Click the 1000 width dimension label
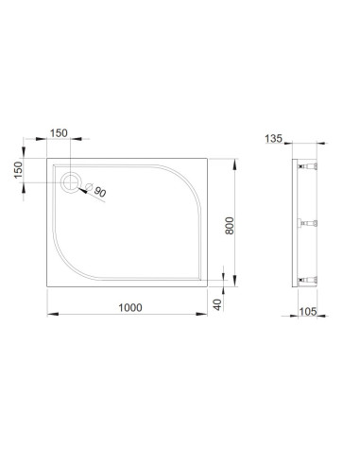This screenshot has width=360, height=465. pyautogui.click(x=130, y=307)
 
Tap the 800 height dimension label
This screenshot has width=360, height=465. pyautogui.click(x=230, y=226)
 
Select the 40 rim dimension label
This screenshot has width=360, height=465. pyautogui.click(x=217, y=304)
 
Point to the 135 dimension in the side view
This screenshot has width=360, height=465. pyautogui.click(x=273, y=139)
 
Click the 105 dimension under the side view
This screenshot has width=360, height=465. pyautogui.click(x=308, y=312)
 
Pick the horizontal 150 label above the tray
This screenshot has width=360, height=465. pyautogui.click(x=59, y=133)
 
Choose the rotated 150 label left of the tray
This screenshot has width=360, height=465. pyautogui.click(x=19, y=170)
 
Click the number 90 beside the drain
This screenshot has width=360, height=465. pyautogui.click(x=100, y=192)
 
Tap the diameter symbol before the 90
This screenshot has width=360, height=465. pyautogui.click(x=89, y=186)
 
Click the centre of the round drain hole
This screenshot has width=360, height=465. pyautogui.click(x=71, y=182)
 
